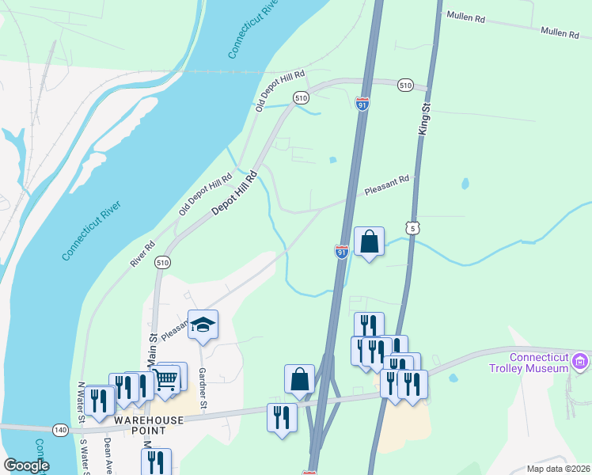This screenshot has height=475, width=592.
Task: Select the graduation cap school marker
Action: tap(203, 325)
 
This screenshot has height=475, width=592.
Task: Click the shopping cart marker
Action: tap(165, 378)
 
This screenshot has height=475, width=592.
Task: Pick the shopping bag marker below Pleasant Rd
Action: tap(370, 241)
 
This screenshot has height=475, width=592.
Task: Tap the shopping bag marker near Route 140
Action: tap(300, 379)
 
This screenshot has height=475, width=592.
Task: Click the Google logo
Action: tap(26, 465)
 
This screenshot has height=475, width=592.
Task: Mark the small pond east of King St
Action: tap(465, 184)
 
